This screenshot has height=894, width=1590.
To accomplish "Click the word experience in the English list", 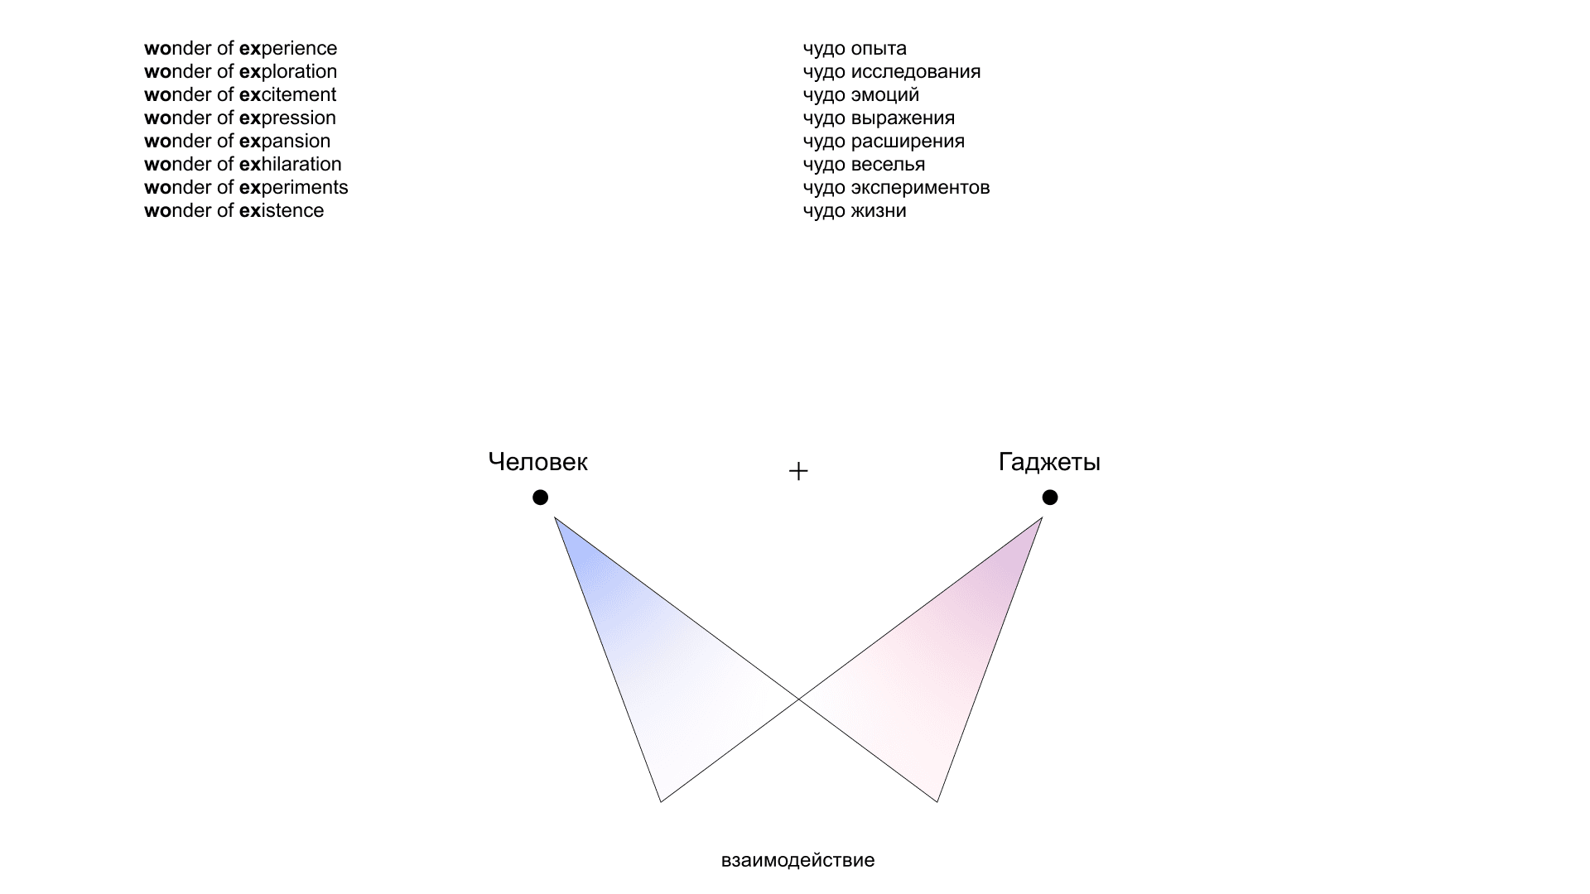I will (288, 49).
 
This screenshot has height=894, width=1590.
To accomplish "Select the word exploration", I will (288, 72).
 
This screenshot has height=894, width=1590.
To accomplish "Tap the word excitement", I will (288, 95).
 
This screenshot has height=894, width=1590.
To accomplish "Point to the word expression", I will (287, 118).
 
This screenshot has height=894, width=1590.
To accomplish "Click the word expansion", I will (285, 142).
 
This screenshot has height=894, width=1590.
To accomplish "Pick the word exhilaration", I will (291, 165).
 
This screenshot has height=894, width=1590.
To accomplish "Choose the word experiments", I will (294, 188).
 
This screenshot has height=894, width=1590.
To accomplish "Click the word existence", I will (282, 211).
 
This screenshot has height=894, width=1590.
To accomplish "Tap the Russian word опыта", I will (879, 49).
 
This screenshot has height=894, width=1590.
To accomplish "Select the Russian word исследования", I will (916, 72).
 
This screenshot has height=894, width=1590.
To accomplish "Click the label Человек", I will (538, 462).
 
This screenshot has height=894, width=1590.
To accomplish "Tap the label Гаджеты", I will (1049, 462).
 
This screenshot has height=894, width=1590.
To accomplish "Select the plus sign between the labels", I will (798, 471).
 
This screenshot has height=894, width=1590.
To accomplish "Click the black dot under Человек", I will (540, 497).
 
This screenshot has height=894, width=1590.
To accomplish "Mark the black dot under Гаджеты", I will (1050, 497).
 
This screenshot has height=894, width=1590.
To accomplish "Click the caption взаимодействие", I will (797, 860).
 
